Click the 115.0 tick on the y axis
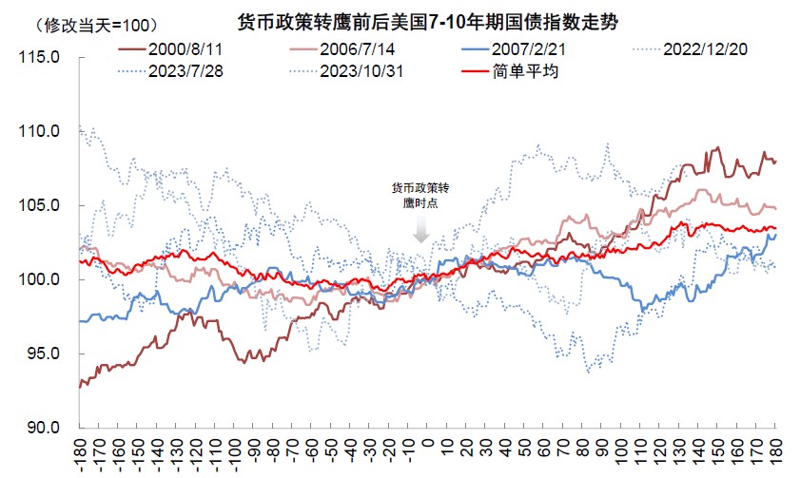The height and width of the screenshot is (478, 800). coord(41,57)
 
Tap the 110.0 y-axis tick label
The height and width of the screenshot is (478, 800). coord(41,131)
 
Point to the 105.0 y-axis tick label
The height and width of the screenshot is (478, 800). coord(41,205)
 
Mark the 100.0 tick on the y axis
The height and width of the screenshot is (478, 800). coord(41,279)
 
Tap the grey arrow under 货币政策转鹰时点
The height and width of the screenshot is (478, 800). coord(422,231)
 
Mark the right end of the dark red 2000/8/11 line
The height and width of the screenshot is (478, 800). coord(775,161)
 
